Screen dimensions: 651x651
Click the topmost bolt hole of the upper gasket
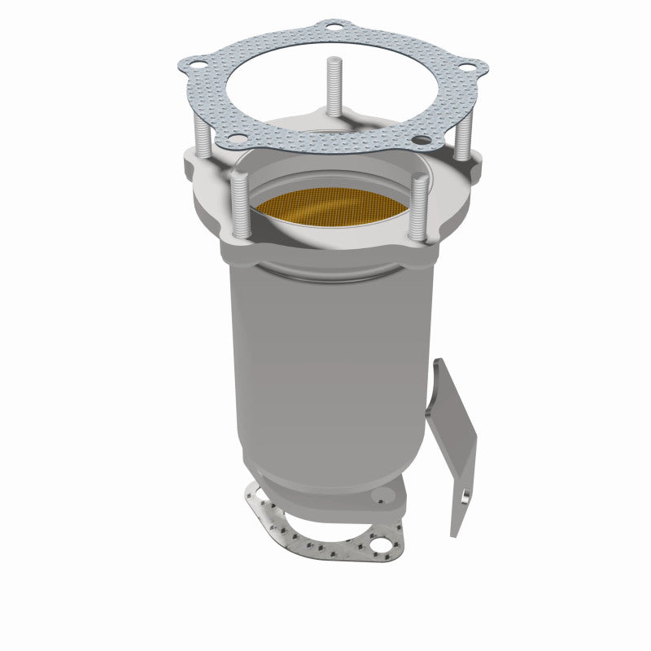point(332,30)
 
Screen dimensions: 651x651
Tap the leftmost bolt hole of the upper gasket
point(194,63)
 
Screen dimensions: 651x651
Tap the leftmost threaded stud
point(199,142)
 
